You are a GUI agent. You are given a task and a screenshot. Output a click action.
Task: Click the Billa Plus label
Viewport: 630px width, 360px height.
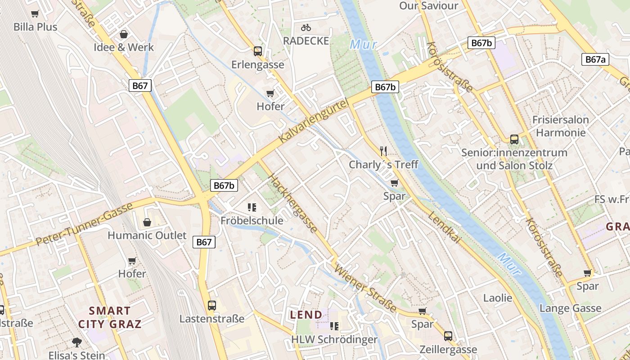[x=36, y=27]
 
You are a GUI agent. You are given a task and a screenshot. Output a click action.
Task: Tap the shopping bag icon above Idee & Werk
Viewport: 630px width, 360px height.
[x=123, y=34]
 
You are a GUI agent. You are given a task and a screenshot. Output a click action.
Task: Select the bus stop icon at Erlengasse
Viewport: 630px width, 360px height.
[x=257, y=51]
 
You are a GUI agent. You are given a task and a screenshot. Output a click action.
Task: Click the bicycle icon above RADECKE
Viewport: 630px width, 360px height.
[x=306, y=27]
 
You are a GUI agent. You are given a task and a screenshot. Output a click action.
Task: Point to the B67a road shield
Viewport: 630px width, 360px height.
[x=596, y=59]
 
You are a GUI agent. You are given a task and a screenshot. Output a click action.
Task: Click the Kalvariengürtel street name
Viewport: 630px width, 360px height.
[x=314, y=122]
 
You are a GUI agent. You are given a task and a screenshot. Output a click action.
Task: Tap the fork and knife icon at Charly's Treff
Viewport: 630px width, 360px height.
[x=383, y=151]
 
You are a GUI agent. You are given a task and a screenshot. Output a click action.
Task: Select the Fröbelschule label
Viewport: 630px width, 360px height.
[x=252, y=220]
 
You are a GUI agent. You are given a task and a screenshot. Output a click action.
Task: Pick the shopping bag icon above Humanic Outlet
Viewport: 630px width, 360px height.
[x=147, y=222]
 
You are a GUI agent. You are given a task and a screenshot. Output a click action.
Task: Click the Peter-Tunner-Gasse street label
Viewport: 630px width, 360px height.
[x=84, y=224]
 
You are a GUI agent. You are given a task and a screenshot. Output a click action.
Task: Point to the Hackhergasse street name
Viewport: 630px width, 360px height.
[x=293, y=203]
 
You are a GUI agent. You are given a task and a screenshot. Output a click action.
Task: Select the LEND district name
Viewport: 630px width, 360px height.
[x=306, y=315]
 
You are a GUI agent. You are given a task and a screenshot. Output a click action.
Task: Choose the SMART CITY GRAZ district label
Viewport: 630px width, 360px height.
[x=110, y=317]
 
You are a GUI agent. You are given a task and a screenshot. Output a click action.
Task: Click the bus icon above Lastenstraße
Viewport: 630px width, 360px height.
[x=212, y=306]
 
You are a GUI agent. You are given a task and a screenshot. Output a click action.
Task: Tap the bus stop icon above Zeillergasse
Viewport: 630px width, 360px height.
[x=448, y=336]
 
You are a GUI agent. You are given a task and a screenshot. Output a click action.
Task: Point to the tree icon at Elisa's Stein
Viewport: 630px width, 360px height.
[x=77, y=342]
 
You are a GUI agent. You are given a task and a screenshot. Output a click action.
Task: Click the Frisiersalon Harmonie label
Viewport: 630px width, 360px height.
[x=560, y=126]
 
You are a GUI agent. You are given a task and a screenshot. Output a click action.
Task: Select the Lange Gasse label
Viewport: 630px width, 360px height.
[x=570, y=308]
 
